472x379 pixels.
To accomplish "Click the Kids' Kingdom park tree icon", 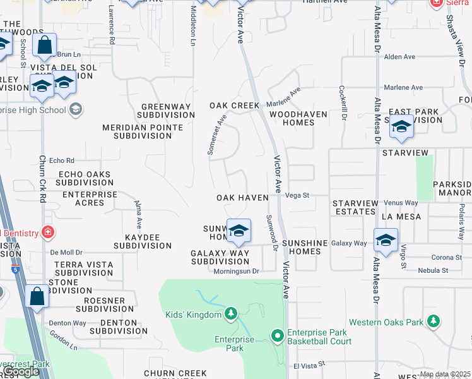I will click(231, 314).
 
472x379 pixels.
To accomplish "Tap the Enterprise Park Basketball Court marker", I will click(277, 335).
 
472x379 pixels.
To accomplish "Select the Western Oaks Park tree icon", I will click(433, 322).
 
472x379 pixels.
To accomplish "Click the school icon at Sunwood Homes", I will click(239, 232).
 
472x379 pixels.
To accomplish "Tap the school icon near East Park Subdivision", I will click(401, 128).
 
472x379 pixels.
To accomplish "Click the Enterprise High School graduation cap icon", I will click(75, 110).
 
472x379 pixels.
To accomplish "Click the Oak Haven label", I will click(242, 198).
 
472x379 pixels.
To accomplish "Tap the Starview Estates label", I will click(356, 207).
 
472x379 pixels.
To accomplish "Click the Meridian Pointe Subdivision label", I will click(143, 131).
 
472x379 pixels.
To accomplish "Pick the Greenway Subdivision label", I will click(168, 111).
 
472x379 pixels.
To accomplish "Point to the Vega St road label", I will click(297, 196).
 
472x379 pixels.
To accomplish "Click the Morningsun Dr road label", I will click(235, 271).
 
